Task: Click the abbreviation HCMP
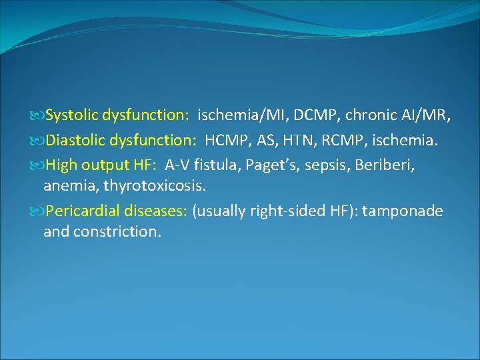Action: pyautogui.click(x=227, y=141)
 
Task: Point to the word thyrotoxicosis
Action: pyautogui.click(x=155, y=186)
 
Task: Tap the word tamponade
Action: pyautogui.click(x=403, y=211)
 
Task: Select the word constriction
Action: pyautogui.click(x=117, y=232)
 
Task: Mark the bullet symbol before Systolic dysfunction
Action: pyautogui.click(x=37, y=115)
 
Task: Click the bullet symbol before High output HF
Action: pyautogui.click(x=37, y=165)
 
